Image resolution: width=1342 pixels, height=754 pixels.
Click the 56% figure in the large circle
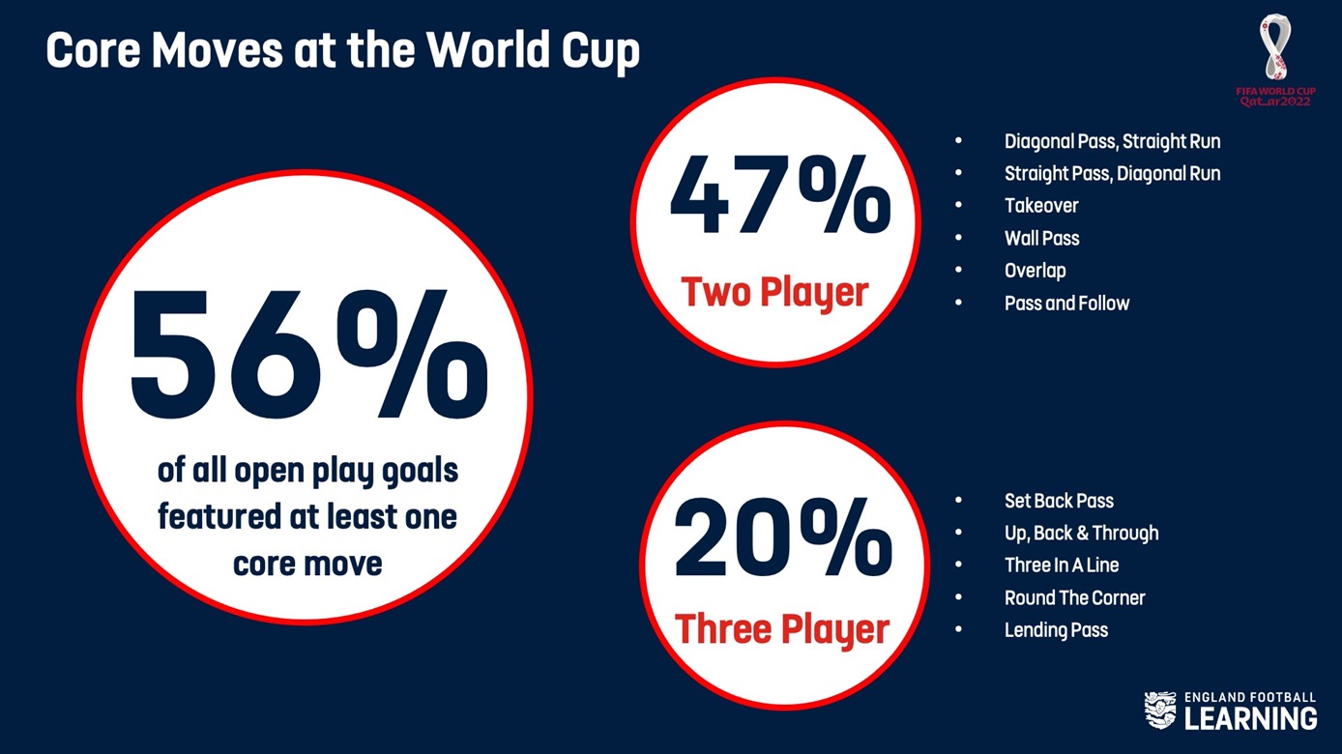pyautogui.click(x=309, y=354)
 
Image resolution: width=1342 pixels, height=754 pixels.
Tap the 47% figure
pyautogui.click(x=780, y=193)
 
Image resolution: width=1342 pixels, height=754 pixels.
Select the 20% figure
pyautogui.click(x=783, y=536)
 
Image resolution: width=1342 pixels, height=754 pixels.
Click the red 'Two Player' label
pyautogui.click(x=774, y=292)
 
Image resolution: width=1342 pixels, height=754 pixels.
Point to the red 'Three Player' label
pyautogui.click(x=782, y=629)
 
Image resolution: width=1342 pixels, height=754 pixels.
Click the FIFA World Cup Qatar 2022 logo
pyautogui.click(x=1275, y=61)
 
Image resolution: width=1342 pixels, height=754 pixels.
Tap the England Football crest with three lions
pyautogui.click(x=1160, y=710)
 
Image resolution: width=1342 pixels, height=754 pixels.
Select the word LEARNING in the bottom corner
pyautogui.click(x=1251, y=718)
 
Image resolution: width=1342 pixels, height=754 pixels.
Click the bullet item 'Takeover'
pyautogui.click(x=1041, y=206)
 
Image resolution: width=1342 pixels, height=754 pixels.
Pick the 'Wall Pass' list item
pyautogui.click(x=1042, y=239)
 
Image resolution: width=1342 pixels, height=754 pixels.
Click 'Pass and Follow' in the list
pyautogui.click(x=1067, y=303)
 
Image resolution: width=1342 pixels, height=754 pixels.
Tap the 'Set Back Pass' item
pyautogui.click(x=1060, y=501)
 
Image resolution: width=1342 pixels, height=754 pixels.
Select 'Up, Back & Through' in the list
pyautogui.click(x=1081, y=534)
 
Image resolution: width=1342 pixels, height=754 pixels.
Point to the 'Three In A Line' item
pyautogui.click(x=1062, y=565)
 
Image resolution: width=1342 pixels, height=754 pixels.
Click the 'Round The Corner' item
pyautogui.click(x=1075, y=597)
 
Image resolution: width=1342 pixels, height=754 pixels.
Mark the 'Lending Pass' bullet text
pyautogui.click(x=1056, y=630)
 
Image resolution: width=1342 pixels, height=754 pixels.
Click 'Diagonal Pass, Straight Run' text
pyautogui.click(x=1113, y=142)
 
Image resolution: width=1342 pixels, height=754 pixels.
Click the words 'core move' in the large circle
pyautogui.click(x=307, y=565)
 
